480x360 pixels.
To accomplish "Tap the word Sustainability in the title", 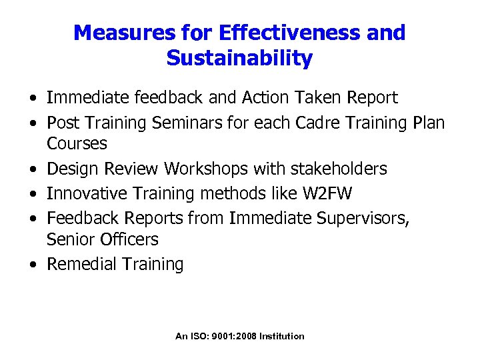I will point(239,59).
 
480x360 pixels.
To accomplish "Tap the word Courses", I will point(77,143).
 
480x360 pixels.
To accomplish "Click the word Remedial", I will point(81,264).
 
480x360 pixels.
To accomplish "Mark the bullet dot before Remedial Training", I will point(32,265).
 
